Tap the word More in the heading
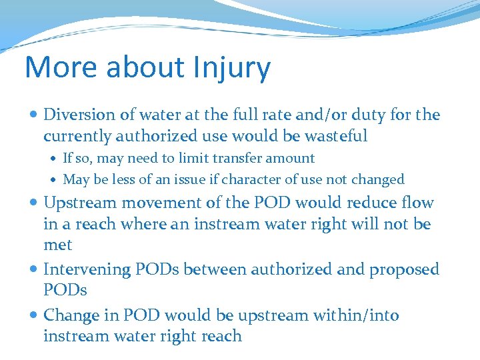tap(53, 68)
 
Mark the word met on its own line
tap(57, 245)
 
